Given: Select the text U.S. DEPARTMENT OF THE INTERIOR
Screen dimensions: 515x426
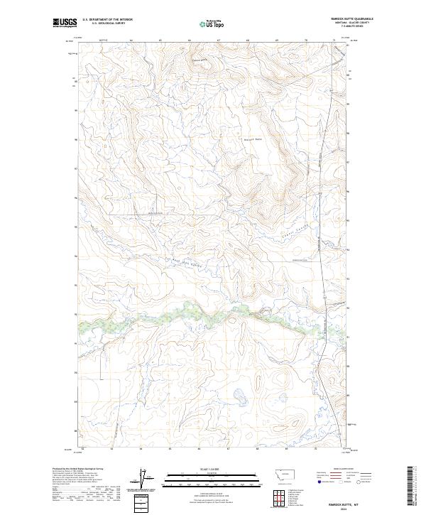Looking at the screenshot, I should coord(107,20).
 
